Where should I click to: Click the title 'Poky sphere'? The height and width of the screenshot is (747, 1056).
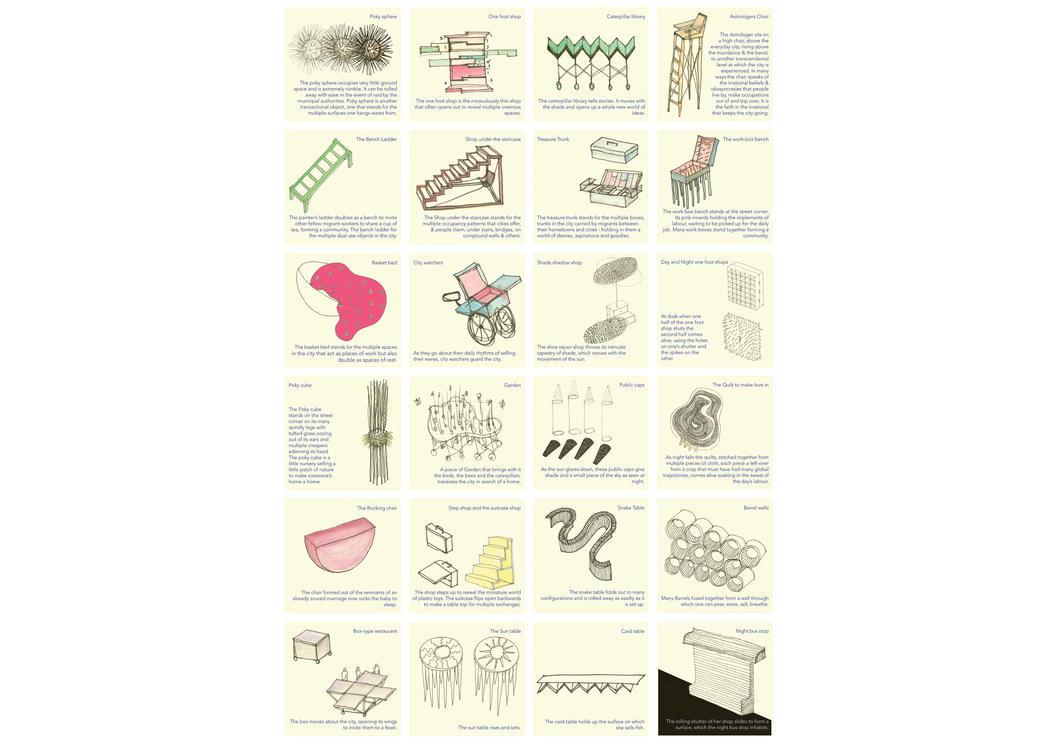point(383,16)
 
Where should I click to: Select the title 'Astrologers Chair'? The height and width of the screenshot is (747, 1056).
point(749,16)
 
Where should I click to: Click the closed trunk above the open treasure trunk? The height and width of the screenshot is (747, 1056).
point(614,150)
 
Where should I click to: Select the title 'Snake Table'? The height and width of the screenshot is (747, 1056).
point(631,508)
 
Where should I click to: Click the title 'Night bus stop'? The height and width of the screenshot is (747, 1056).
point(751,631)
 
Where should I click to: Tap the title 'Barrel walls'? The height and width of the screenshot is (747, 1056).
point(756,508)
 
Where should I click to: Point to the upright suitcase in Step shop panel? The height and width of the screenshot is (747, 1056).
point(439,538)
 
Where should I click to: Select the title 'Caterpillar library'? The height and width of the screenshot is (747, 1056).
point(626,16)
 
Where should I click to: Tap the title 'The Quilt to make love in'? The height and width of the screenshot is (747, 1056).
point(740,385)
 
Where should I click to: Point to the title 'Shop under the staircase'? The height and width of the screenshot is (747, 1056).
point(493,139)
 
